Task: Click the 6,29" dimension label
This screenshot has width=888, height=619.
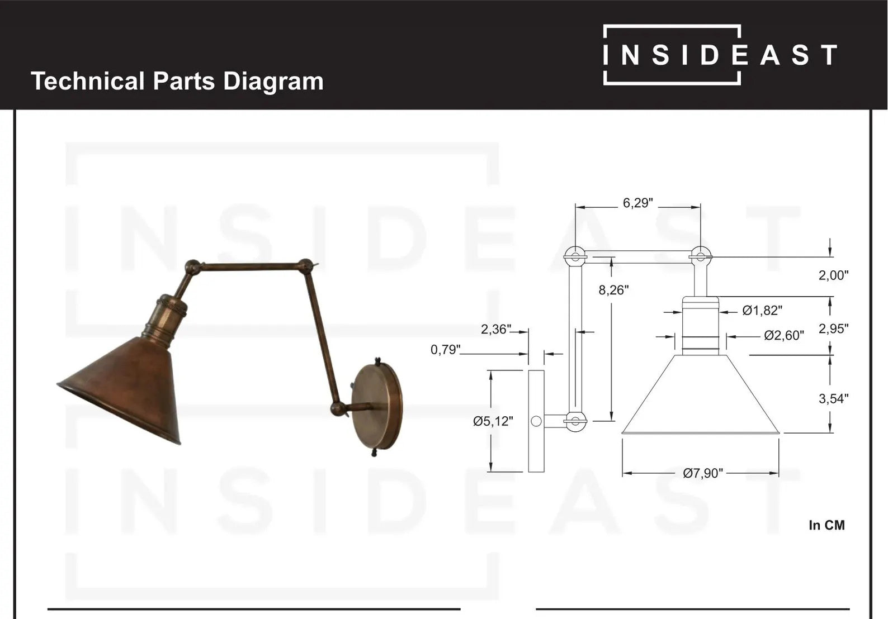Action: [637, 203]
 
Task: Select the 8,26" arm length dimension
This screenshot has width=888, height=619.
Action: [613, 290]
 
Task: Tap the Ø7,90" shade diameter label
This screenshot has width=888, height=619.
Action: [702, 473]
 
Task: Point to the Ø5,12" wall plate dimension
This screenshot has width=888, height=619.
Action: [493, 421]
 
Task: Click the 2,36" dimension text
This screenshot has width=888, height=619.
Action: [496, 330]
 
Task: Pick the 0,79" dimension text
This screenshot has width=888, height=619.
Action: [445, 350]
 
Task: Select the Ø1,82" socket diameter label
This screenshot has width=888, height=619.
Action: [762, 311]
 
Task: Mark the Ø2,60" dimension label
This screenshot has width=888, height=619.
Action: [784, 335]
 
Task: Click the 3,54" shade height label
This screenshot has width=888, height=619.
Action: [833, 398]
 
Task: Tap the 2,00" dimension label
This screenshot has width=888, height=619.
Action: [833, 275]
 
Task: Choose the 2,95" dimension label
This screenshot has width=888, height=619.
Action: [833, 328]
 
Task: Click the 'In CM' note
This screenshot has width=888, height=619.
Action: [826, 525]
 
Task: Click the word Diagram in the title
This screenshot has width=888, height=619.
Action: [273, 81]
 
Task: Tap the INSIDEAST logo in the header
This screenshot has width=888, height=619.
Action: [720, 55]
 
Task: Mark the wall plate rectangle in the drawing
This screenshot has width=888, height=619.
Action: [536, 421]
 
